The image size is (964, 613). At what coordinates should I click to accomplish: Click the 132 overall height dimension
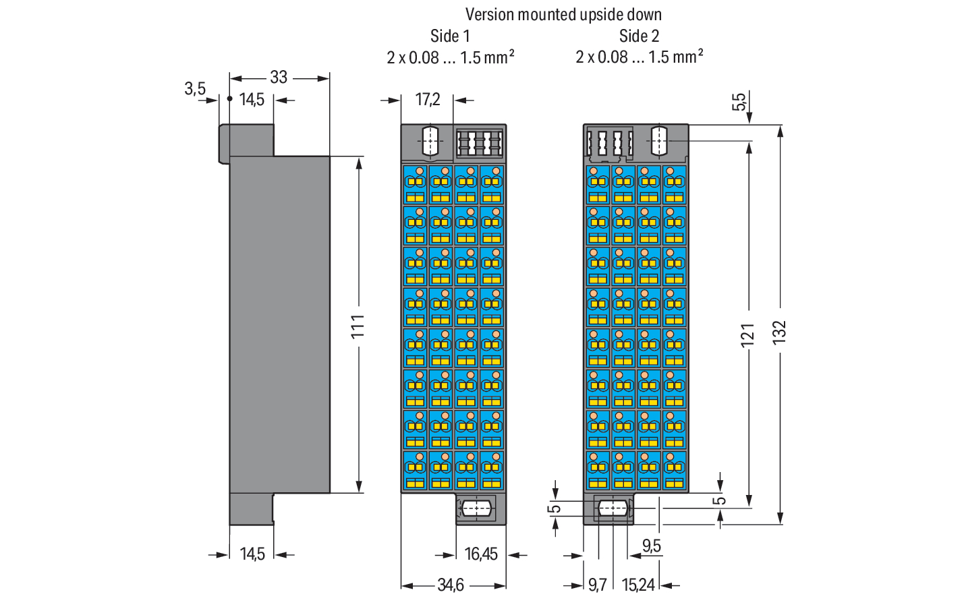point(779,332)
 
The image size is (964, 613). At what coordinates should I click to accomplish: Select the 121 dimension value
point(748,334)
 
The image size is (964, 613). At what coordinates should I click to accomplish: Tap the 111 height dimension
point(358,326)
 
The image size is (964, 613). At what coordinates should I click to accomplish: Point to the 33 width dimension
point(279,78)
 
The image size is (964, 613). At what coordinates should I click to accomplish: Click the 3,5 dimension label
point(195,88)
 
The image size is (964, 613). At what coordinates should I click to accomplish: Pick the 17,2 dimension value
point(427,99)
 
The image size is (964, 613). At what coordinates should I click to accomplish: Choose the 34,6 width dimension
point(451,585)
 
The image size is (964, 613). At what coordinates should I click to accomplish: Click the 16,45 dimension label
point(481,554)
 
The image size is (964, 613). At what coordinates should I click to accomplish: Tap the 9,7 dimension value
point(597,585)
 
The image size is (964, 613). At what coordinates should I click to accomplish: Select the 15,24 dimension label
point(638,585)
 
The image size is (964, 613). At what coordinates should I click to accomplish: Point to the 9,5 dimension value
point(652,546)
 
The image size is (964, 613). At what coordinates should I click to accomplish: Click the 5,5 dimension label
point(739,102)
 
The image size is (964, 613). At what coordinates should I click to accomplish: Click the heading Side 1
point(450,36)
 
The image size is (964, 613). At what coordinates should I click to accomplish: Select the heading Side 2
point(639,36)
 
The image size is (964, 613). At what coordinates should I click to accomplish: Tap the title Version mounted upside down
point(563,15)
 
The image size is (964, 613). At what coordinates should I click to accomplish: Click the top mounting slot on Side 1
point(430,140)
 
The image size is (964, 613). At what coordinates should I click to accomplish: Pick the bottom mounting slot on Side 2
point(612,508)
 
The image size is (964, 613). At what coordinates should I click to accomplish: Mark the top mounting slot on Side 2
point(659,140)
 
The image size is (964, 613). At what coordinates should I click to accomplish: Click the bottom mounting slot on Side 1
point(476,508)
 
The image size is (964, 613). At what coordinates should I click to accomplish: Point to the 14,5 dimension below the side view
point(252,554)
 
